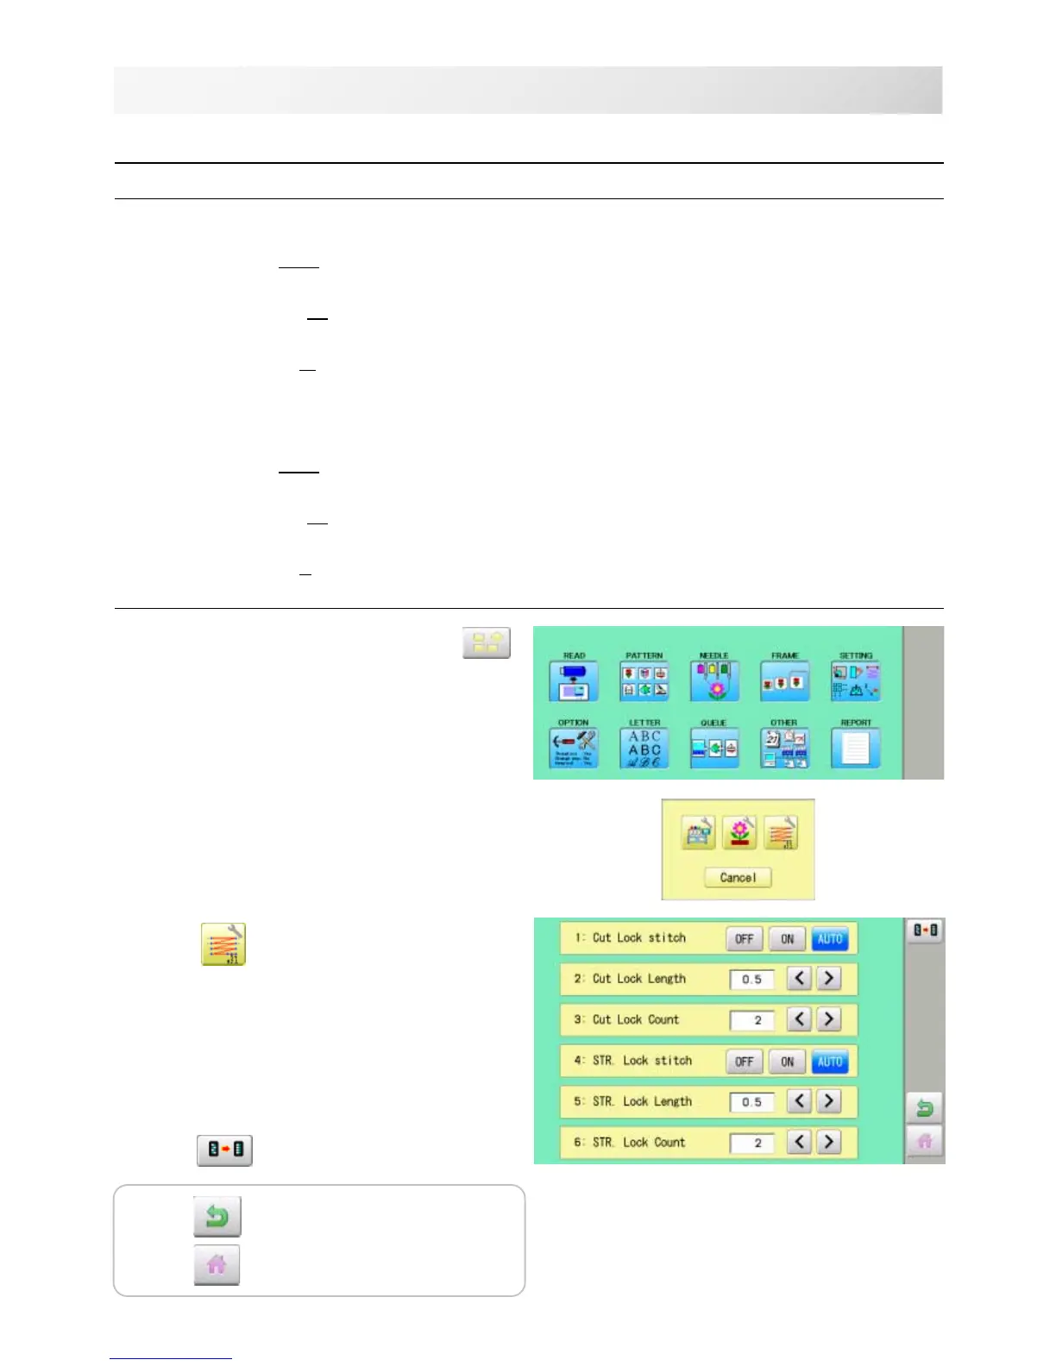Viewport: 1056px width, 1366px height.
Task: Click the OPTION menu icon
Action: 573,748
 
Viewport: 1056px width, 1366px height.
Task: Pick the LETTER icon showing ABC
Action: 644,748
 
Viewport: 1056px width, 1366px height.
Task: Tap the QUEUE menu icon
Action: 713,748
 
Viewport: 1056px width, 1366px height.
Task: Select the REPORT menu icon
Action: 855,748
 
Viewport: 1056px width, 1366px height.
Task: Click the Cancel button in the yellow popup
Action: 738,877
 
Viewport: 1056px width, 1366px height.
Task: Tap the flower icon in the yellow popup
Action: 739,833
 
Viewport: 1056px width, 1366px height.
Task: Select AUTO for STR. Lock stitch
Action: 829,1062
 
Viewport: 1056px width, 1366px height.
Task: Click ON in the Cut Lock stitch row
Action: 787,939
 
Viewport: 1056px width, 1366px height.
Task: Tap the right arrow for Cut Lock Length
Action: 828,979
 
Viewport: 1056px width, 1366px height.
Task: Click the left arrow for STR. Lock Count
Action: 800,1142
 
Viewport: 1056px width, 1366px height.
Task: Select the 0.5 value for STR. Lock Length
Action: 751,1102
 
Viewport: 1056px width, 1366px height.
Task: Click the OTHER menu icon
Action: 784,748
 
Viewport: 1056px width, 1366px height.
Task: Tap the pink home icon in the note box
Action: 217,1265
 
